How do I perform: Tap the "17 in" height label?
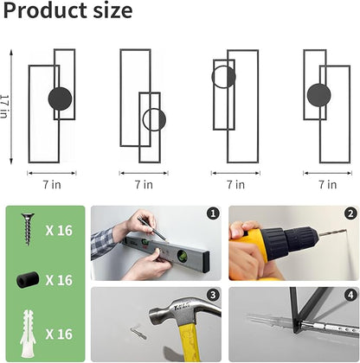point(5,106)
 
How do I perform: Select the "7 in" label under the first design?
point(52,184)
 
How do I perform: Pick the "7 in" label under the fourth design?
point(328,184)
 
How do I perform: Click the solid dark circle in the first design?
point(60,99)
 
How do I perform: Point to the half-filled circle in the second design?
point(154,119)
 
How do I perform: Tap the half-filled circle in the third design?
point(223,77)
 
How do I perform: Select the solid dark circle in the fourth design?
point(318,95)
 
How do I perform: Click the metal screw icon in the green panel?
point(28,229)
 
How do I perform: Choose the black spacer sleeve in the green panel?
point(28,280)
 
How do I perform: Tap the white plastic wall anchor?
point(28,334)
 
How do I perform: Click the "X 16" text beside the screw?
point(59,231)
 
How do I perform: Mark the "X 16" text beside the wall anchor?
point(59,334)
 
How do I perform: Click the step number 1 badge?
point(213,213)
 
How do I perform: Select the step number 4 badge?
point(350,295)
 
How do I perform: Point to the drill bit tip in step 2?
point(345,230)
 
